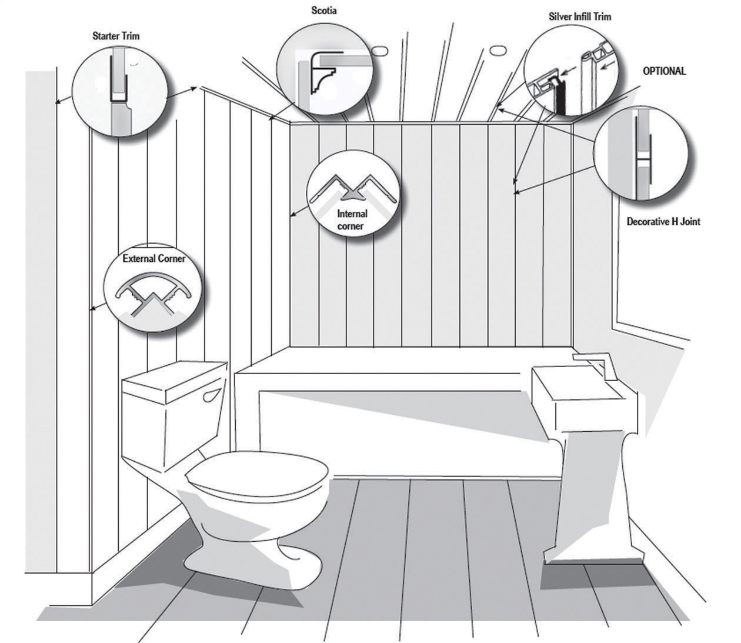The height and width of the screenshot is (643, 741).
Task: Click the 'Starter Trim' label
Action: click(116, 36)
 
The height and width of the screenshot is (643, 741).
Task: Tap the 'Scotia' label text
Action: click(324, 11)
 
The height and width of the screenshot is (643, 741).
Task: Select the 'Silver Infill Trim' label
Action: click(580, 16)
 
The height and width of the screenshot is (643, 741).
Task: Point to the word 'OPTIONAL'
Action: click(664, 71)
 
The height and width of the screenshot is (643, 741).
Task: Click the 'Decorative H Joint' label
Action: click(663, 222)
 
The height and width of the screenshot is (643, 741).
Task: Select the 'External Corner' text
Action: click(154, 259)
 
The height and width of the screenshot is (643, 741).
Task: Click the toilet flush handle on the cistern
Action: click(211, 395)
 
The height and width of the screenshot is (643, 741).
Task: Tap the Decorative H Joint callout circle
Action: click(640, 153)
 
